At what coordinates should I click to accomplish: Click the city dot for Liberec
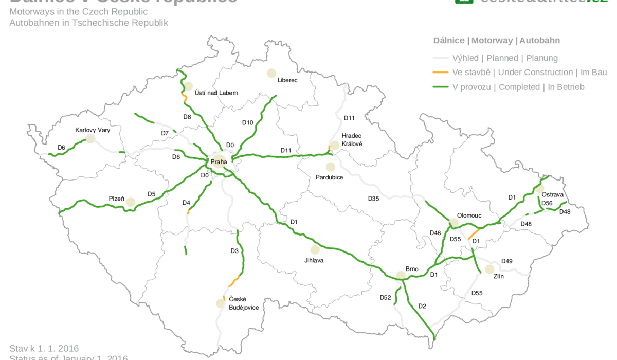271,74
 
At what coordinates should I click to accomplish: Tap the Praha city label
219,162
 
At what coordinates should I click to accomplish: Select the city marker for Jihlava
315,250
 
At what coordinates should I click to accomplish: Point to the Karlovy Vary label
93,130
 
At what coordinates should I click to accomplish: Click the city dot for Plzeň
131,202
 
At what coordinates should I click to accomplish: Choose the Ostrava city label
553,195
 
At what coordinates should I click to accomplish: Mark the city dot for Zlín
489,269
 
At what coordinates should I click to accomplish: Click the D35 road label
374,198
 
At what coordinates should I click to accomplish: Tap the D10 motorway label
248,122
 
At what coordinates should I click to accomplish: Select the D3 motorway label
234,251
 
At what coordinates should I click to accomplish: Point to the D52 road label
386,297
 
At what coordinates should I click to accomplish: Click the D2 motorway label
422,306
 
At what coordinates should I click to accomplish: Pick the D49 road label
507,261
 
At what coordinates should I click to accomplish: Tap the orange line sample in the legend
440,73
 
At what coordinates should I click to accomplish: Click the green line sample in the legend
440,87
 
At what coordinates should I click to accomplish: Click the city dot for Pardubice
330,167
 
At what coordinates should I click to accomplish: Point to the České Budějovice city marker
221,303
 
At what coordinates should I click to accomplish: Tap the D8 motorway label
187,117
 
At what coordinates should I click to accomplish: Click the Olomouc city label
469,215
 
